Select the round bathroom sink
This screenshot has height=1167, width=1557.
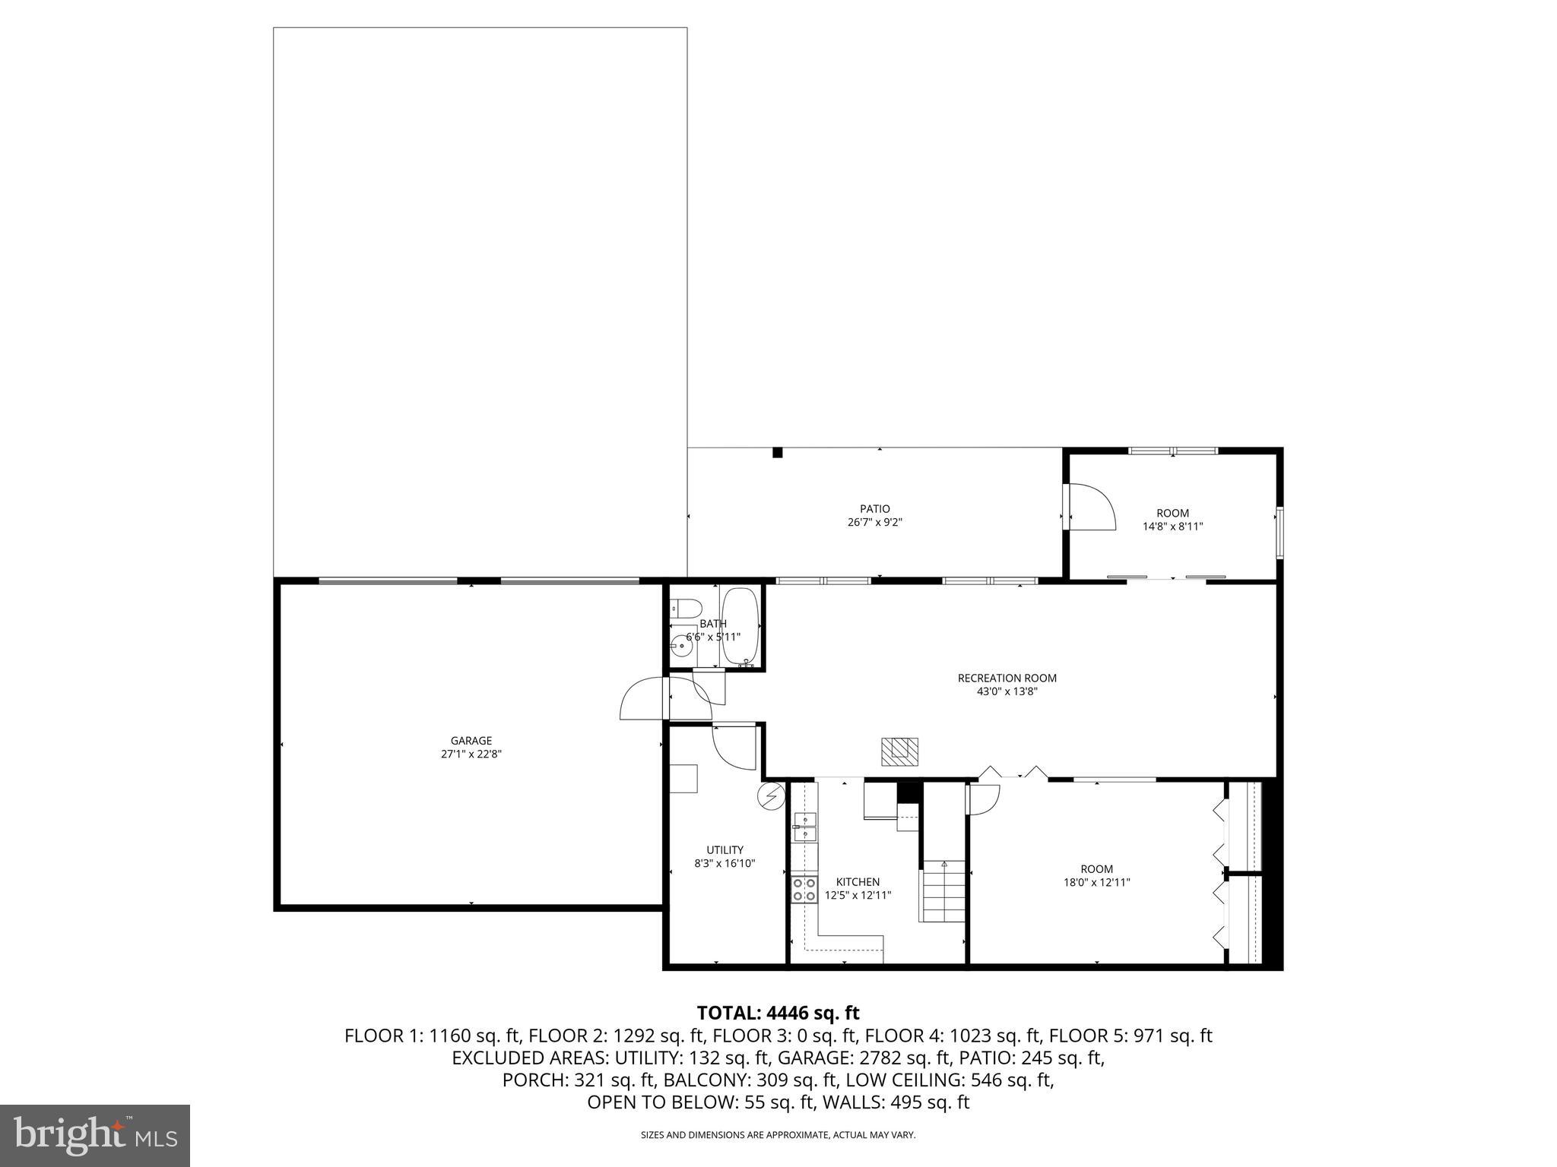pos(682,649)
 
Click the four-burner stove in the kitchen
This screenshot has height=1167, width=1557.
pos(804,889)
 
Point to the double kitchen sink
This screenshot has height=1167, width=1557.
pos(804,827)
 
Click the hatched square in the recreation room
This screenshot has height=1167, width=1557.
pos(900,751)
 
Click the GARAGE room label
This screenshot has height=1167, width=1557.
pos(471,741)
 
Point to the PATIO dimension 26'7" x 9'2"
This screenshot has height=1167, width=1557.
pos(874,523)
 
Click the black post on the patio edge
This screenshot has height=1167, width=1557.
pos(777,453)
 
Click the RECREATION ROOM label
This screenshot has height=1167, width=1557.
pos(1007,678)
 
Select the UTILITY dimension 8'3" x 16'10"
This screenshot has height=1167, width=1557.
pos(724,864)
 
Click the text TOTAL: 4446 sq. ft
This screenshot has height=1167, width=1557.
pos(778,1013)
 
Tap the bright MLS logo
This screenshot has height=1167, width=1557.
pos(94,1135)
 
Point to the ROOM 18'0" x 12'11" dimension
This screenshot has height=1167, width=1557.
pos(1096,883)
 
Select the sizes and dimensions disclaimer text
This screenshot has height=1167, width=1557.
pos(778,1135)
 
